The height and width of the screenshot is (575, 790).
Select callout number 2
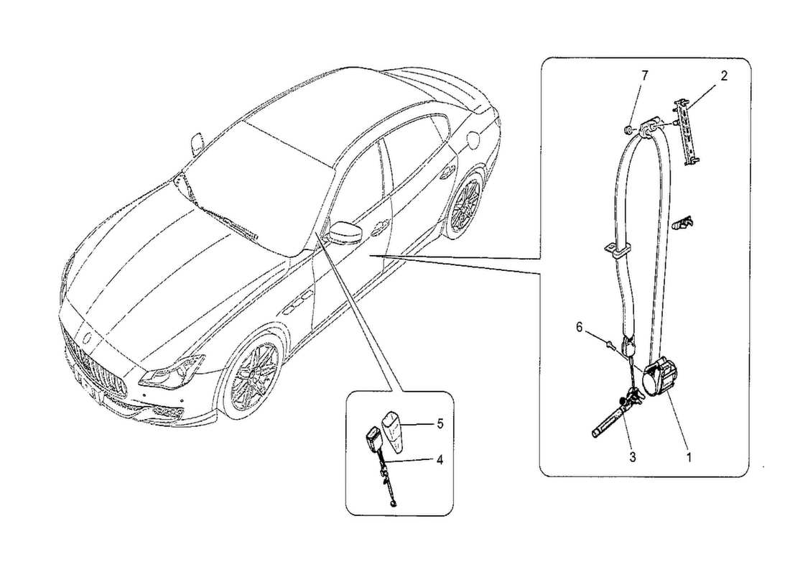724,75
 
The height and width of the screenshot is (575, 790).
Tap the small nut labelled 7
627,131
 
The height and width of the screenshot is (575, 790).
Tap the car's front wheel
256,377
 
